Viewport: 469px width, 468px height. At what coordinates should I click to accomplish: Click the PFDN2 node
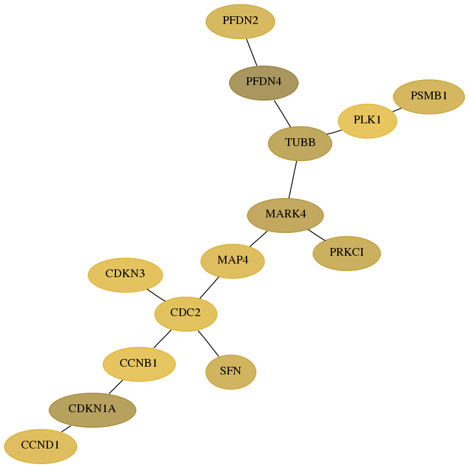pos(240,21)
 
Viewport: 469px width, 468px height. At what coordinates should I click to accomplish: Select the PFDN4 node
pos(263,83)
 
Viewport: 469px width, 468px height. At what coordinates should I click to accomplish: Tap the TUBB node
pos(300,143)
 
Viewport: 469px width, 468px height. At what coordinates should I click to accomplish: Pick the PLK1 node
pos(367,121)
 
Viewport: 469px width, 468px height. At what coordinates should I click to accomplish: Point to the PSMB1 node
pos(429,97)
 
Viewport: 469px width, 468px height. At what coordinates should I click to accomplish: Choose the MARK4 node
pos(285,215)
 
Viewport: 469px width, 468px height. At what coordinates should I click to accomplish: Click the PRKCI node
pos(346,253)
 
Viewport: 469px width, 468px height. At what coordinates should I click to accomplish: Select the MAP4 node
pos(232,261)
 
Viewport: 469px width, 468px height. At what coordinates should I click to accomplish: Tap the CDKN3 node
pos(125,275)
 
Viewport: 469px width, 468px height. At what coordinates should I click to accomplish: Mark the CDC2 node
pos(186,314)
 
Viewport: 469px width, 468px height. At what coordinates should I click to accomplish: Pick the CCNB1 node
pos(139,364)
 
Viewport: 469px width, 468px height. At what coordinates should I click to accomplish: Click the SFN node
pos(231,372)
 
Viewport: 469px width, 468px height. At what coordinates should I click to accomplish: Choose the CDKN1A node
pos(92,410)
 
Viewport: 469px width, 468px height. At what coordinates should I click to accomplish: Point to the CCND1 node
pos(40,446)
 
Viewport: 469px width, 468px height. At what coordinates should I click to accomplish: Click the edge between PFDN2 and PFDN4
pos(252,52)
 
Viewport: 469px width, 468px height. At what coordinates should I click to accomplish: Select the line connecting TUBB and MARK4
pos(293,180)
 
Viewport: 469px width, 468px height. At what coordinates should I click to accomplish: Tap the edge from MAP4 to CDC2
pos(209,288)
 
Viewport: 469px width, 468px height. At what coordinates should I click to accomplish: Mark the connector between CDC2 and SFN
pos(208,343)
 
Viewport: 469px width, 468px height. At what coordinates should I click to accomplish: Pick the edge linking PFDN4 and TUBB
pos(282,114)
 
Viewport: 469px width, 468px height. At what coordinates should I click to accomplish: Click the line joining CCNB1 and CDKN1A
pos(115,387)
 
